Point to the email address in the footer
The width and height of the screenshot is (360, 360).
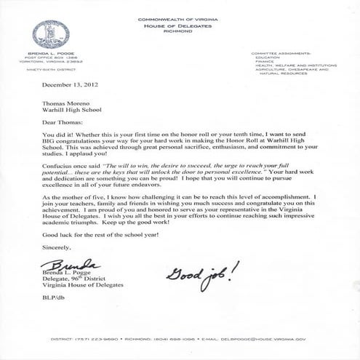coord(263,339)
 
